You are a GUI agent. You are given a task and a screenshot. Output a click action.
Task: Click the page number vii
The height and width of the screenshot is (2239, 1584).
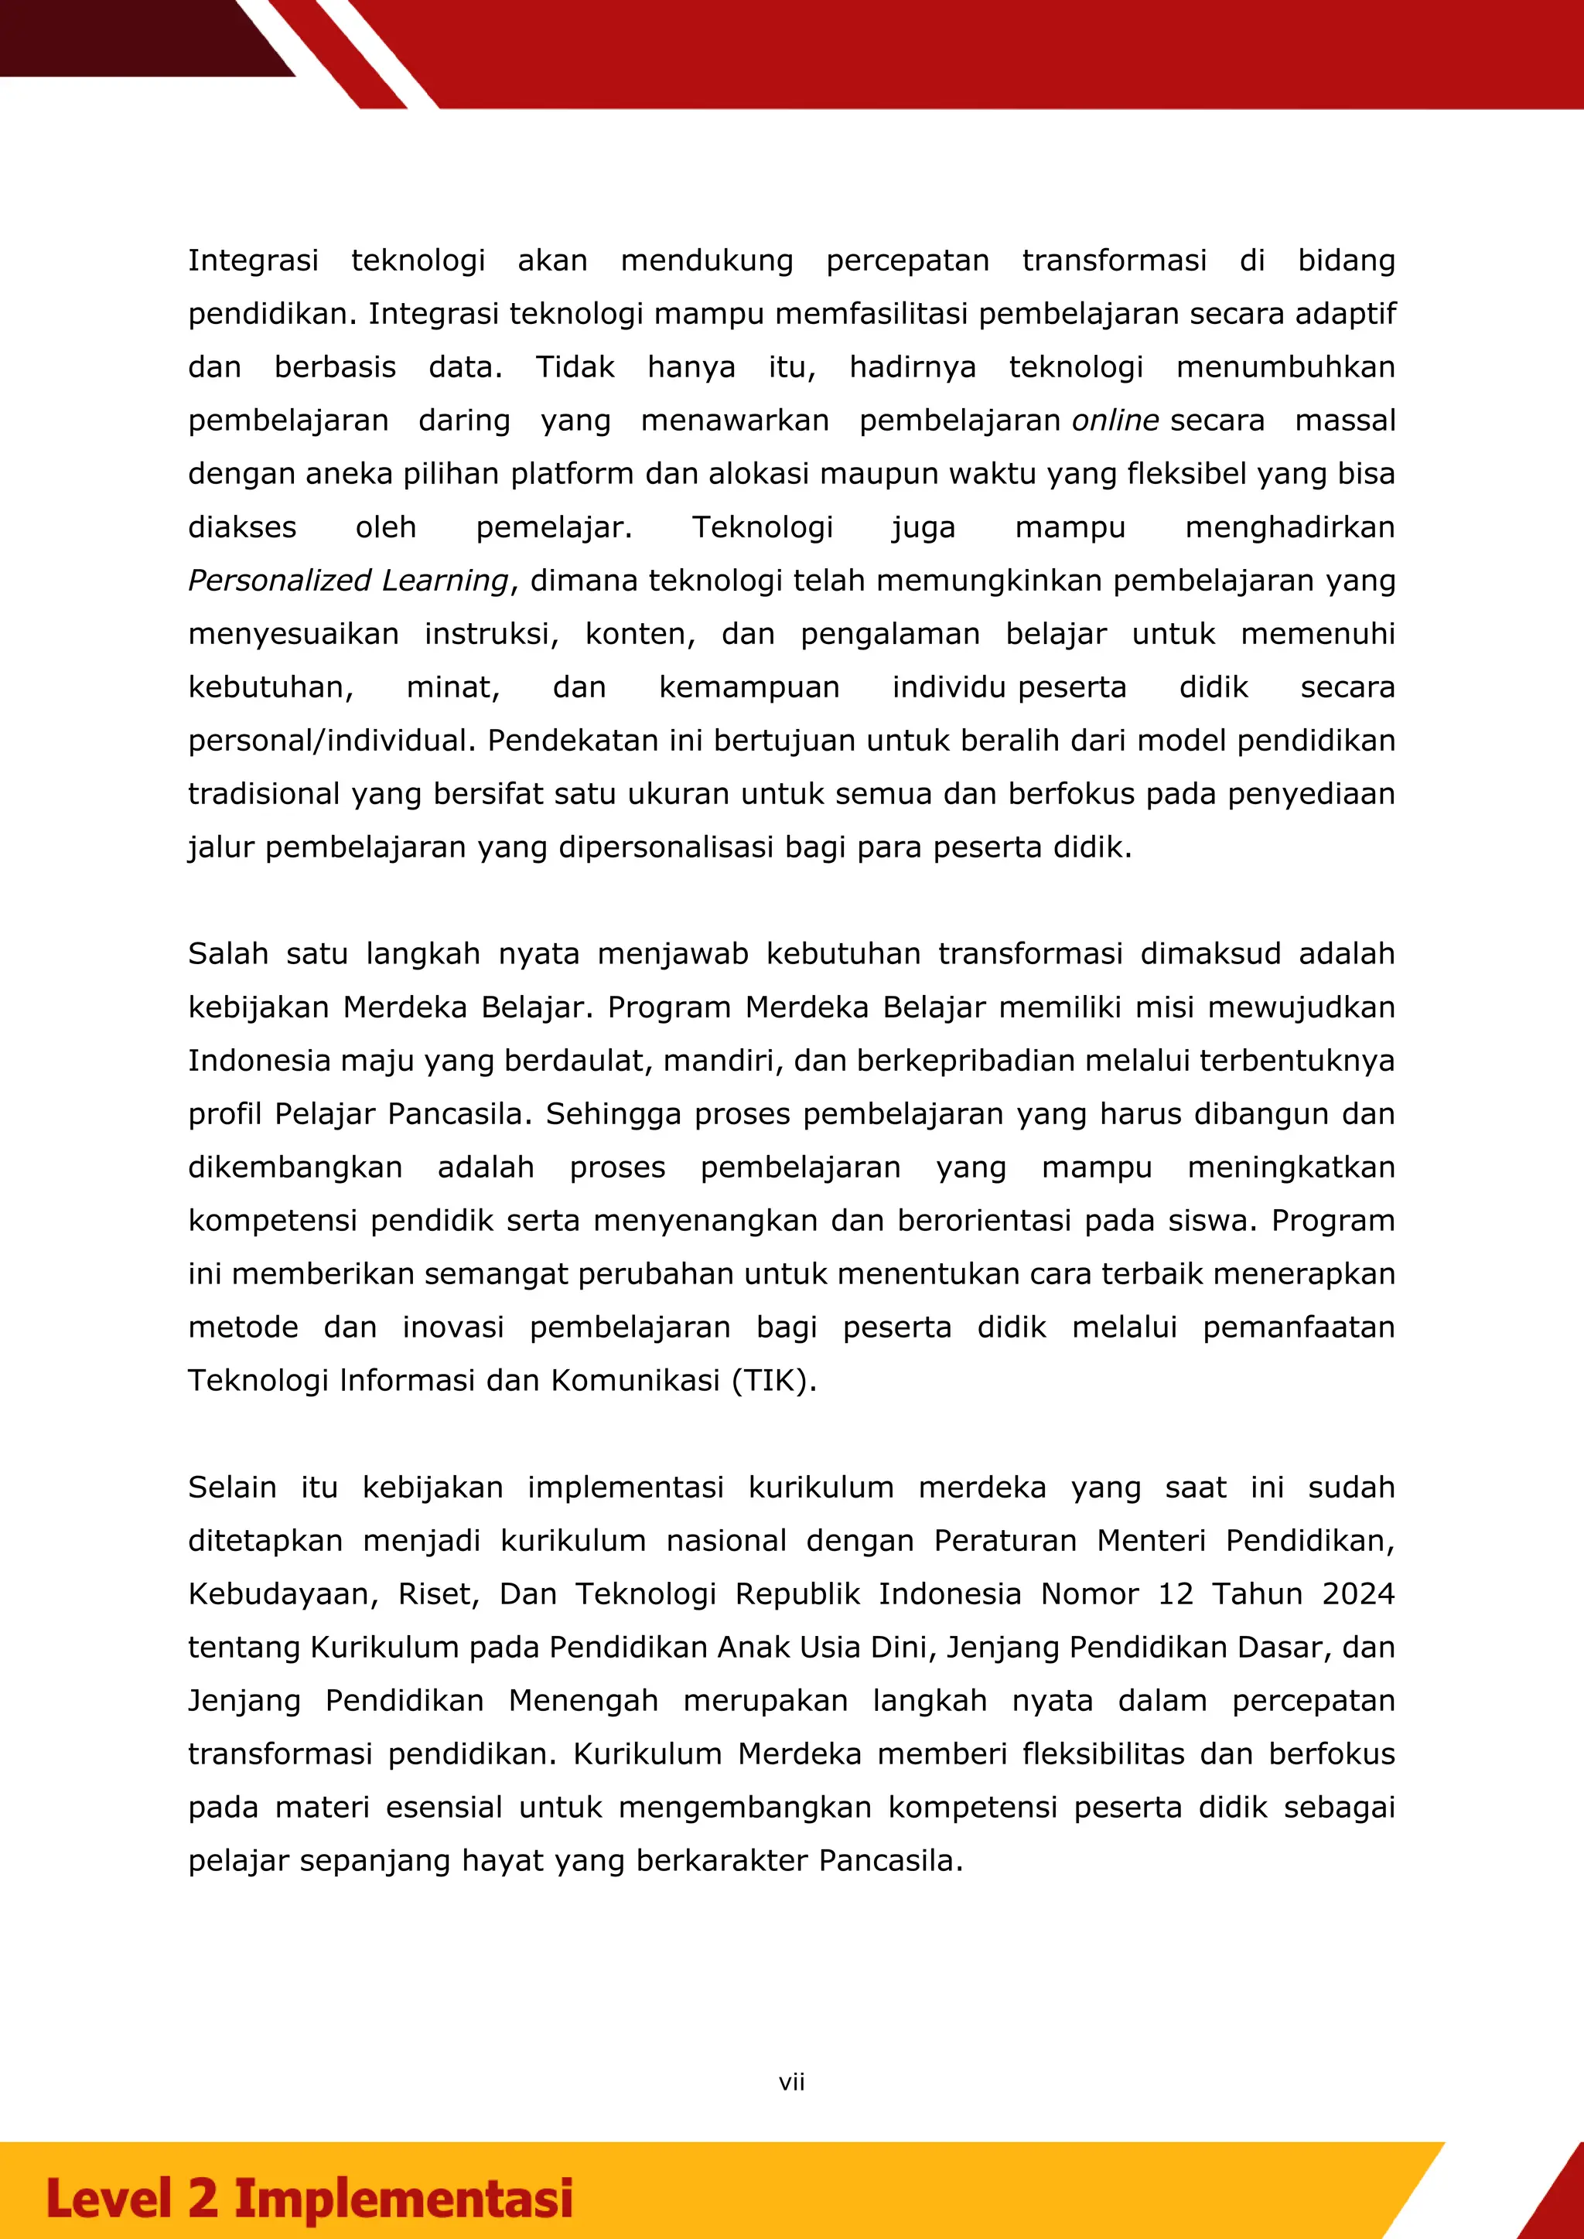[x=791, y=2082]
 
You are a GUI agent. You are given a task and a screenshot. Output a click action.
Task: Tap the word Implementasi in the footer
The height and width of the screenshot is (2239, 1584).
[x=403, y=2198]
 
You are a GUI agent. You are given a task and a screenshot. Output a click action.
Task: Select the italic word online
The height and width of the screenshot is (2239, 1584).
[x=1115, y=421]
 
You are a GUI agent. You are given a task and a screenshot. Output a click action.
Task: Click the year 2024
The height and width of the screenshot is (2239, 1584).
[x=1357, y=1593]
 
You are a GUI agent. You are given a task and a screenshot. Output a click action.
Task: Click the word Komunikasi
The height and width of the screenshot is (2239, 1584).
[x=635, y=1381]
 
